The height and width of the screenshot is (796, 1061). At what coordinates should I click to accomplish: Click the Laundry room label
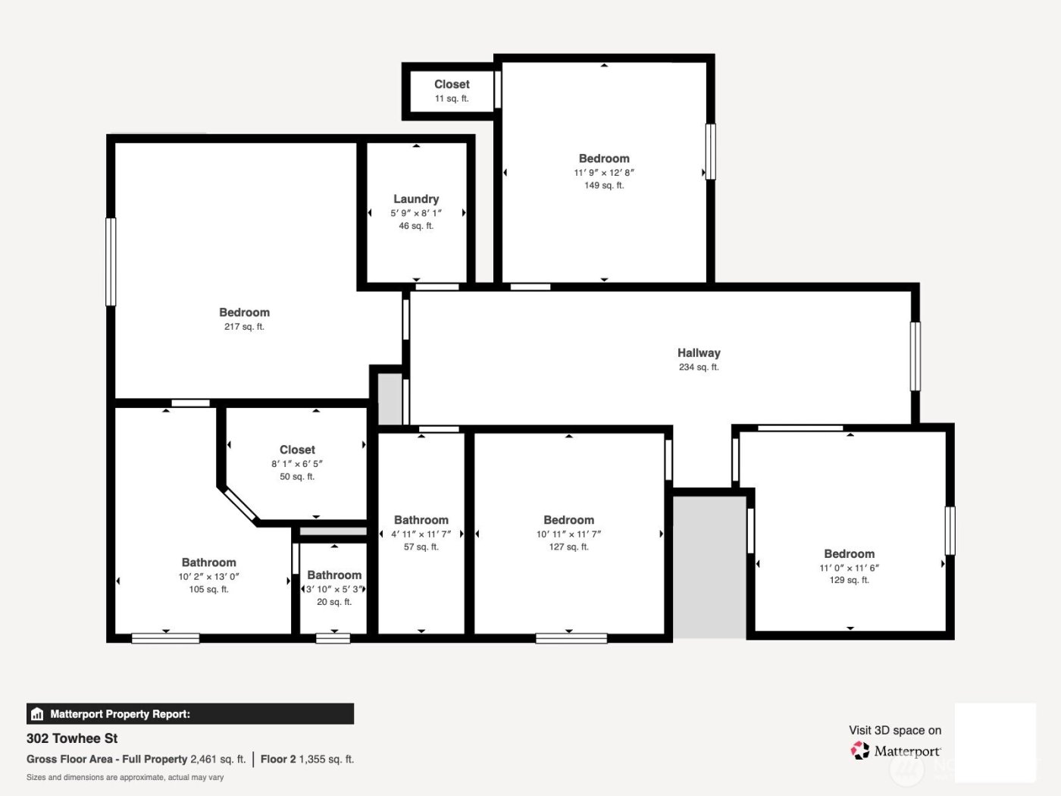point(416,199)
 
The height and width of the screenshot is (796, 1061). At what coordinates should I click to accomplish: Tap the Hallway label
point(699,353)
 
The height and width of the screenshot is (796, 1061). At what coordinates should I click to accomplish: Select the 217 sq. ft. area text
point(244,327)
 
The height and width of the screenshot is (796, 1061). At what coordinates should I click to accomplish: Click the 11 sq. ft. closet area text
point(452,99)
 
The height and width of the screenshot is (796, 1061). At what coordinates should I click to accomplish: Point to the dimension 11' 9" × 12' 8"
point(604,172)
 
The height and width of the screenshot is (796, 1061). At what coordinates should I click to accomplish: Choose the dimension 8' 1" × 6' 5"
point(297,463)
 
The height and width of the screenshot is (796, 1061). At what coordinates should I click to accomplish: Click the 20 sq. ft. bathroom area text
point(334,602)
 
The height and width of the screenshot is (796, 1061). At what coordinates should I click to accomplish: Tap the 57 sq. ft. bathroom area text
point(421,547)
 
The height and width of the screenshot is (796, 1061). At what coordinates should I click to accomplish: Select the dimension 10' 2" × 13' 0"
point(208,576)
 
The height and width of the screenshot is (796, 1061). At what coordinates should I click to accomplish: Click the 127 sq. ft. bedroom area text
point(568,547)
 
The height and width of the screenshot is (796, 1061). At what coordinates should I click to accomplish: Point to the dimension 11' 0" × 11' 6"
point(849,568)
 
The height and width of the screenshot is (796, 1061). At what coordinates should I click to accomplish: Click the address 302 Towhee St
point(72,738)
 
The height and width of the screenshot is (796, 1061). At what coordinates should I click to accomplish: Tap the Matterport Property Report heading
point(120,714)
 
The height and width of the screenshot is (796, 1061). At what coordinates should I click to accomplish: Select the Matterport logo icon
point(860,751)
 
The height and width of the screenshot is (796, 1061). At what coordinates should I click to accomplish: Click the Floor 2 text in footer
point(278,759)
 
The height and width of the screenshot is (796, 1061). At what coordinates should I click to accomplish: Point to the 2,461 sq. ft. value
point(218,759)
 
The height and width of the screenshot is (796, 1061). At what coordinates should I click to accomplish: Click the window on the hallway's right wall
point(915,356)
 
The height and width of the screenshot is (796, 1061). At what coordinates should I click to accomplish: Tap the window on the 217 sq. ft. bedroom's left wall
point(111,262)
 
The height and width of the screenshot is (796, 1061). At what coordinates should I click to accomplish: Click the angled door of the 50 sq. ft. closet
point(240,504)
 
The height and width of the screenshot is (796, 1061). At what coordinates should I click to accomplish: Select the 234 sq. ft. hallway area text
point(699,367)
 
